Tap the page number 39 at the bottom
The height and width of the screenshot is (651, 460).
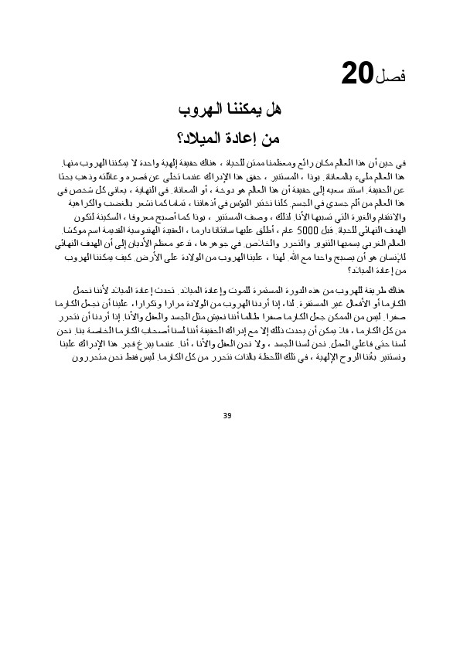(x=227, y=416)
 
